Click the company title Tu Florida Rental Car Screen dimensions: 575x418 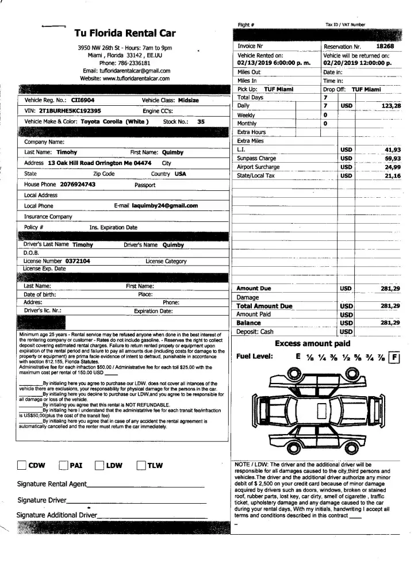[x=124, y=33]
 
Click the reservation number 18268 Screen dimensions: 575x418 [x=385, y=45]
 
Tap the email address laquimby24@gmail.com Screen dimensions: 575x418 [x=164, y=205]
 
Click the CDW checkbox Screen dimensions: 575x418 [x=22, y=466]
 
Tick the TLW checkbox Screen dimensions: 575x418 [x=141, y=466]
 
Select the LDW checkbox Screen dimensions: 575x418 [x=99, y=466]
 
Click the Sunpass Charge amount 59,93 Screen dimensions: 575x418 [x=392, y=158]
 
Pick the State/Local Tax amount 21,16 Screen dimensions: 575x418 [x=392, y=175]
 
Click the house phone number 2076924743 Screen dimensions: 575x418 [x=78, y=185]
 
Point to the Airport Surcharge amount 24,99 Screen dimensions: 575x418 [x=392, y=167]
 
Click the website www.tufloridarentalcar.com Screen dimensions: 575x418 [x=125, y=78]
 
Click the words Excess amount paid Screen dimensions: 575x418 [x=312, y=344]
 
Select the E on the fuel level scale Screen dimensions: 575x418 [x=298, y=356]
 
